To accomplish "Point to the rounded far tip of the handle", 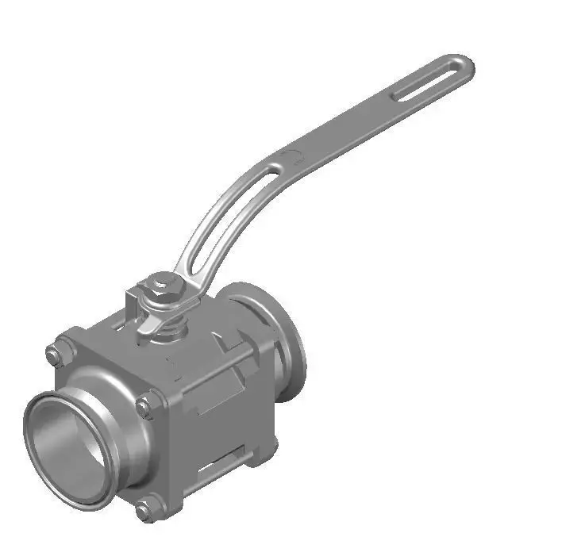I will click(x=466, y=63).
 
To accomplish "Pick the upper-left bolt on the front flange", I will click(x=55, y=355).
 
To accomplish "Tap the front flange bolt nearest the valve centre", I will click(x=144, y=408).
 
